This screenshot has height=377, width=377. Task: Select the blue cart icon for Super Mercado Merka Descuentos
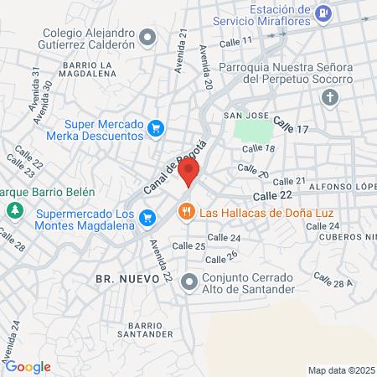[155, 128]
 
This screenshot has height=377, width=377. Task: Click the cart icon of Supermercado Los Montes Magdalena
[147, 218]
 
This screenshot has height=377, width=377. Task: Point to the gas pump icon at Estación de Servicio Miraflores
[324, 13]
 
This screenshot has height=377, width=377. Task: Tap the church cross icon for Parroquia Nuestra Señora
[330, 98]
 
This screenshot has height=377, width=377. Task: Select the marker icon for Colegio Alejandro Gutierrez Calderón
[148, 36]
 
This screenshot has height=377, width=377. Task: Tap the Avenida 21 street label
[181, 51]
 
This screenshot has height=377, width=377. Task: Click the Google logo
[27, 366]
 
